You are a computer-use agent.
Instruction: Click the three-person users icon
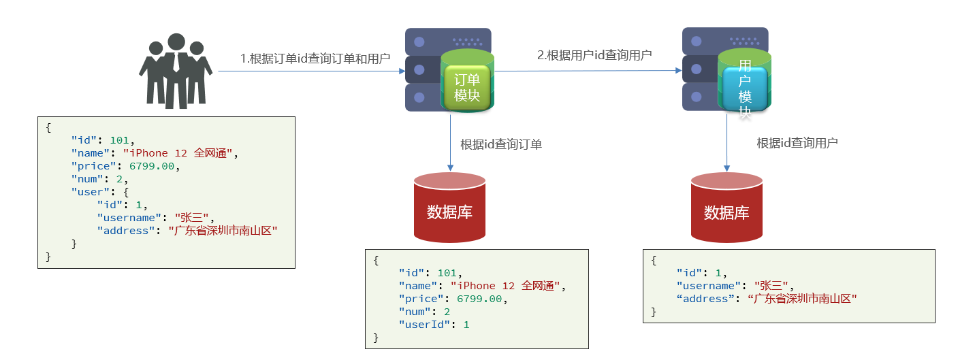coord(176,71)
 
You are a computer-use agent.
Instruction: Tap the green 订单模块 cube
coord(466,88)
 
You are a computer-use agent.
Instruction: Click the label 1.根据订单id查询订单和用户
coord(315,59)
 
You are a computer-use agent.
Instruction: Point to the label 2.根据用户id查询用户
coord(594,55)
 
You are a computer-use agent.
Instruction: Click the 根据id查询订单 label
coord(500,144)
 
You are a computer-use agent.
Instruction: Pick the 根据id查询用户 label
coord(797,143)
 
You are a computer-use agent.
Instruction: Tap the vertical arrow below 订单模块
coord(449,143)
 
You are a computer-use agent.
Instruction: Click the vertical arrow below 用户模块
coord(726,143)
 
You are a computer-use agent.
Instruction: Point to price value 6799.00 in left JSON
coord(151,166)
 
